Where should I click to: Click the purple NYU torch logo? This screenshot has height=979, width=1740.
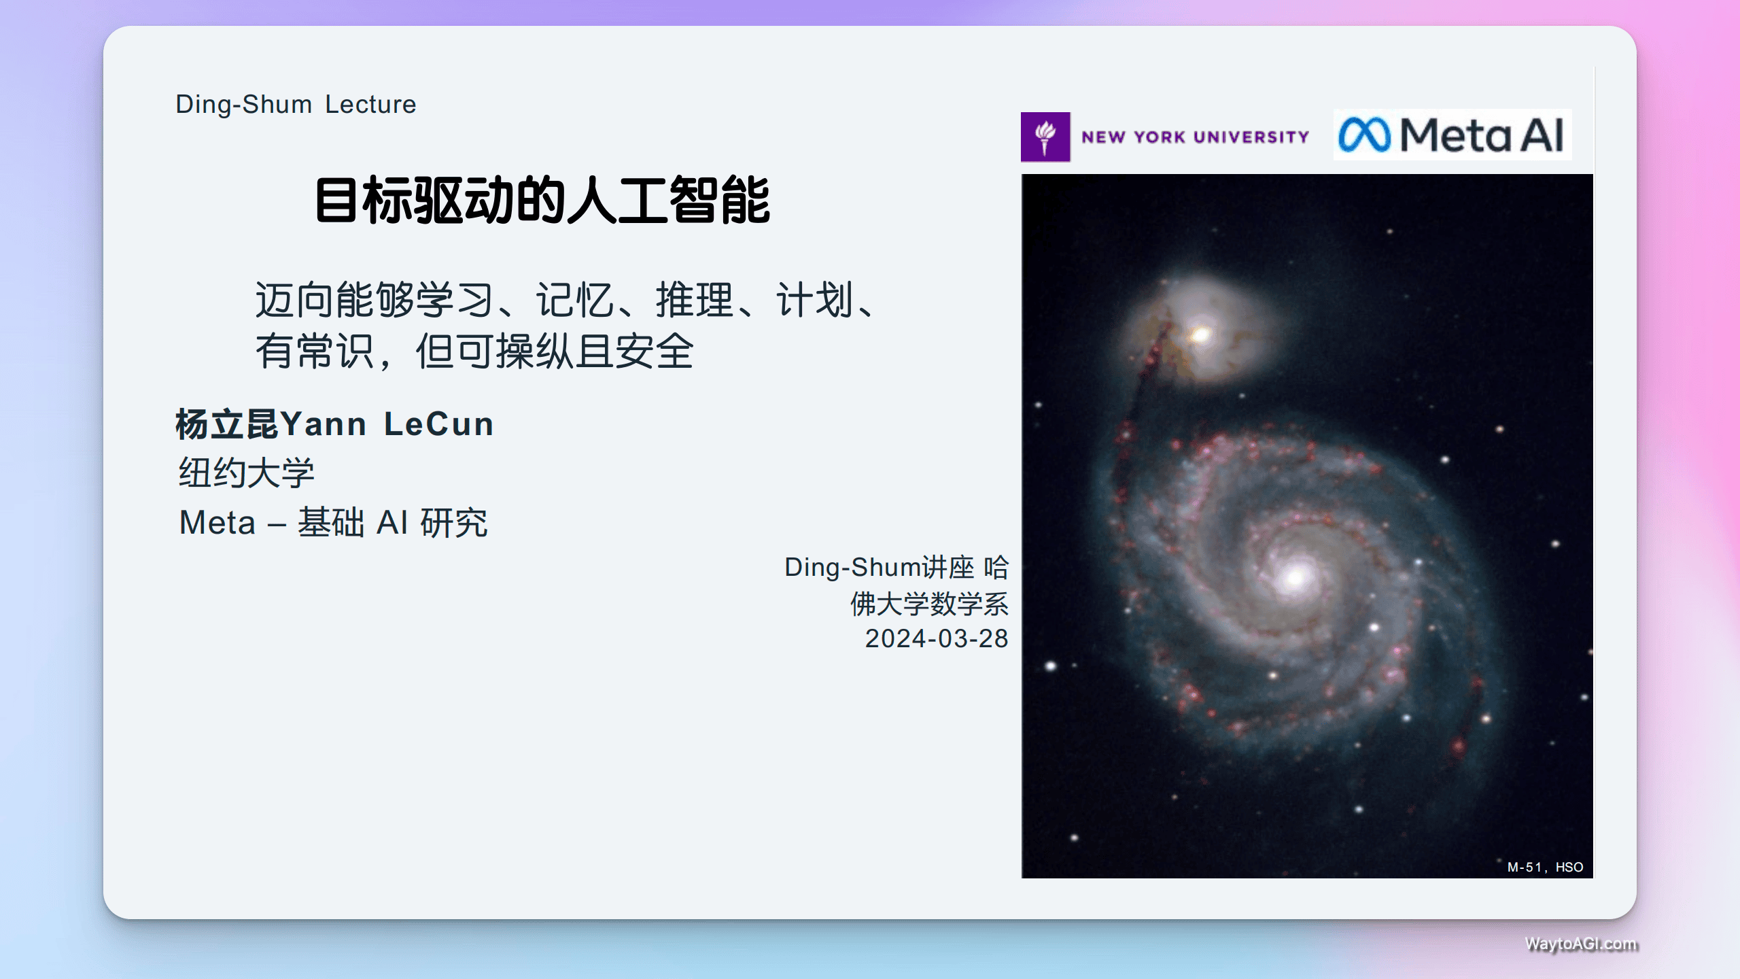1045,137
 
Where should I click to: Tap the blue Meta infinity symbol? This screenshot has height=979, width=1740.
1364,135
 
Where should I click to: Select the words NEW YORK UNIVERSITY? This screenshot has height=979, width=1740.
1195,137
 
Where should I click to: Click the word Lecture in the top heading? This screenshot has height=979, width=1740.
370,105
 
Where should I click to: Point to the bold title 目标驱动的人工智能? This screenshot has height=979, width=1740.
542,201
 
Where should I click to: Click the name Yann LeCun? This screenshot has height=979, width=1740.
387,424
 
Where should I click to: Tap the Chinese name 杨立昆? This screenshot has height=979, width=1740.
227,424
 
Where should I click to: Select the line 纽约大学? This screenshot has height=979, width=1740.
247,473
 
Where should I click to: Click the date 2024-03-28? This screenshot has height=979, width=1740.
936,639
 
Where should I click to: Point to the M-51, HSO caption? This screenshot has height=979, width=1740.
1545,867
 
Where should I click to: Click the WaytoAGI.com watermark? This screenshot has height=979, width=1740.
1581,944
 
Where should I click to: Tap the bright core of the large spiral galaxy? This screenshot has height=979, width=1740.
1294,577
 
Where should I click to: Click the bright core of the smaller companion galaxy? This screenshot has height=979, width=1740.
1200,334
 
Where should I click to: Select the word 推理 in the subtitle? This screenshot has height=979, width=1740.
694,300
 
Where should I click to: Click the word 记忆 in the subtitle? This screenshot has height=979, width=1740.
574,300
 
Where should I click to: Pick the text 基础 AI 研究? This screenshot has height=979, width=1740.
393,523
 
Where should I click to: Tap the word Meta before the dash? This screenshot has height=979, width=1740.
217,523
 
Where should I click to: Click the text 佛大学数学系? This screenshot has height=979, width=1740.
929,604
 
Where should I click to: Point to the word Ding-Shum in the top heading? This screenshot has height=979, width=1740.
243,105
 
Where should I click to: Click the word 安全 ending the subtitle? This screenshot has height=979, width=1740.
655,351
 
